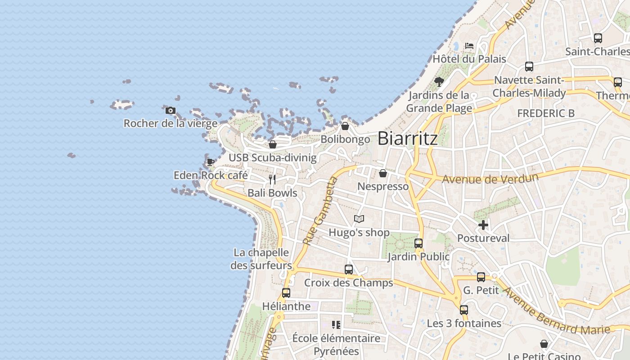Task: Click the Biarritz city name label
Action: point(407,138)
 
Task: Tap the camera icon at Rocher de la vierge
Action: point(170,110)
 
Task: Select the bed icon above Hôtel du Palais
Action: point(469,46)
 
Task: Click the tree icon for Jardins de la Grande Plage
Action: point(439,82)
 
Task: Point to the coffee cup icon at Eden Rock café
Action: point(210,162)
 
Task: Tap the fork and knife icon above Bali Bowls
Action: point(272,180)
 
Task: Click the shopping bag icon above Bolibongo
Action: point(345,126)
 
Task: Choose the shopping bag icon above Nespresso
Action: point(383,173)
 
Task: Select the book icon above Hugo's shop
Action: point(359,219)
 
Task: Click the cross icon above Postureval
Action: point(483,225)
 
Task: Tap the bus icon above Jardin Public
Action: point(418,243)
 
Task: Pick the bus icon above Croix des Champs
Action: point(349,270)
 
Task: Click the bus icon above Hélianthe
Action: point(286,293)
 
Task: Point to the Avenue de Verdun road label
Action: point(490,178)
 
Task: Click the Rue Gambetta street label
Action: point(320,211)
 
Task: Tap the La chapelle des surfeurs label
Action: point(261,259)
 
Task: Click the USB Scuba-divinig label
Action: point(272,157)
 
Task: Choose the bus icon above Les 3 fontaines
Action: point(464,310)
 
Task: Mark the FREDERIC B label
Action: point(546,113)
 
